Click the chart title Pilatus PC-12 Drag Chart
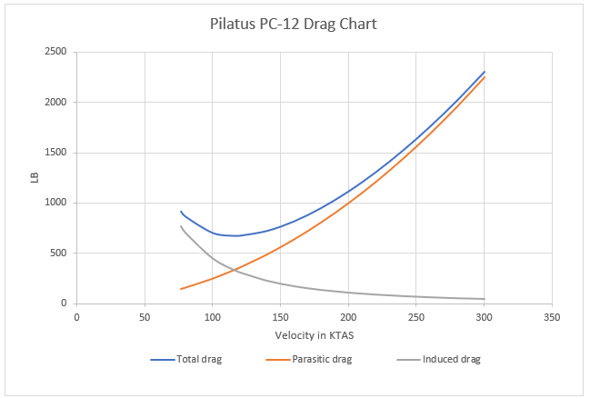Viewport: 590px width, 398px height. tap(295, 24)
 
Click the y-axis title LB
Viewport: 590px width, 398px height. tap(35, 177)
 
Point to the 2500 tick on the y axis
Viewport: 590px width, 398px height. tap(56, 52)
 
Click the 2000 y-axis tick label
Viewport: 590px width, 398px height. tap(56, 102)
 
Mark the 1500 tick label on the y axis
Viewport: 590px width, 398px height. tap(56, 153)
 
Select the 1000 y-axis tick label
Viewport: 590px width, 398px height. tap(56, 203)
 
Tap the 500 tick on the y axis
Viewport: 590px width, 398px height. tap(59, 254)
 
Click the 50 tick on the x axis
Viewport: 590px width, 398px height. tap(145, 317)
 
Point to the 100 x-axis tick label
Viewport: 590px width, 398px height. tap(212, 317)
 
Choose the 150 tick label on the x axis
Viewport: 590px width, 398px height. tap(280, 317)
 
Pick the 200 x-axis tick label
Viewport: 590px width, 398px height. tap(348, 317)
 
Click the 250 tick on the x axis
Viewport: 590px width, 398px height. tap(416, 317)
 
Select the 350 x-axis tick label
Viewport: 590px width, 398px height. tap(552, 317)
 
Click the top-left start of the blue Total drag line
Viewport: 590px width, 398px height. tap(181, 211)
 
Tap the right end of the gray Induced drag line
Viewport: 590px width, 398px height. tap(485, 299)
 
